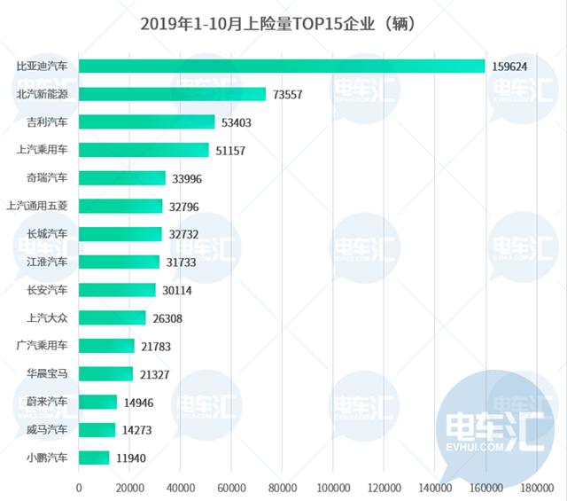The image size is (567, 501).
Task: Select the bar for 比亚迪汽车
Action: (x=282, y=67)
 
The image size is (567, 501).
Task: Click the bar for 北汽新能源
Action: (x=172, y=94)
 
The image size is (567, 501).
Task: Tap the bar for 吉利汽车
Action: (x=146, y=122)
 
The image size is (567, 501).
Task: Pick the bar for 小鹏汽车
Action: (x=94, y=458)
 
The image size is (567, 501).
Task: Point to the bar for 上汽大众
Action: (x=112, y=317)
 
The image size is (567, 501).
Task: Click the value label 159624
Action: (x=512, y=67)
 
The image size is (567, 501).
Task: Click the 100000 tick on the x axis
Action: (x=332, y=488)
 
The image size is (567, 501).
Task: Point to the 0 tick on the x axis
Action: (x=79, y=488)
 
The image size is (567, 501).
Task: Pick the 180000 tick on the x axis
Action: (x=536, y=488)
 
